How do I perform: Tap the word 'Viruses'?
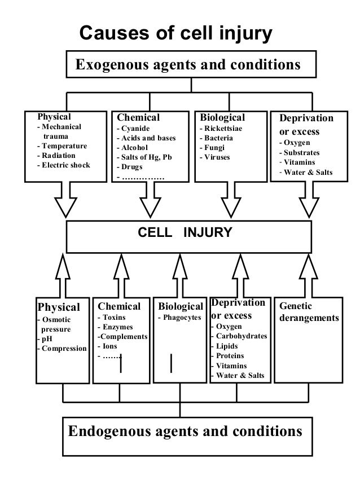[218, 157]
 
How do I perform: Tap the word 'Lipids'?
[227, 346]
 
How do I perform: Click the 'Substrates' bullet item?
[302, 152]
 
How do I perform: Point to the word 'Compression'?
[63, 348]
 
